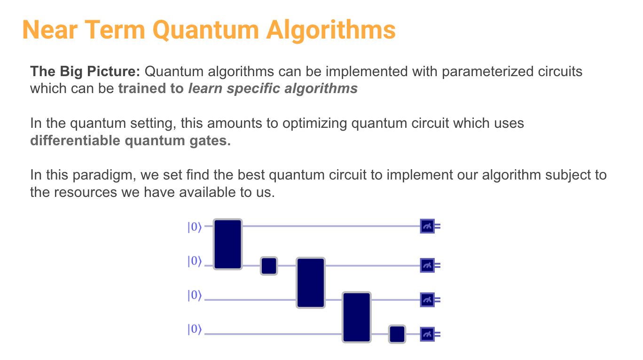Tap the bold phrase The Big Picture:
tap(85, 72)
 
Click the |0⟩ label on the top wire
tap(194, 227)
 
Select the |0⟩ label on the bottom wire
tap(194, 330)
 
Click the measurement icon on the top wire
tap(427, 227)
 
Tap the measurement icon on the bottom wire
tap(427, 334)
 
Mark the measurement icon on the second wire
tap(427, 266)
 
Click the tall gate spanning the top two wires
tap(227, 244)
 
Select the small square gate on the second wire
tap(269, 266)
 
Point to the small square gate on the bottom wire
tap(397, 334)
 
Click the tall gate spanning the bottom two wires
tap(357, 317)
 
